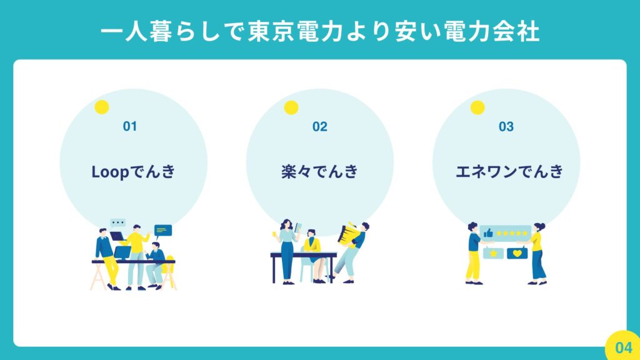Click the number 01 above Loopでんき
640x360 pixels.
tap(130, 126)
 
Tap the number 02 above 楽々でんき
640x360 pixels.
tap(319, 126)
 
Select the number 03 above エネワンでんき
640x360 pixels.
tap(506, 126)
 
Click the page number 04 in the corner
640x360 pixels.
tap(624, 347)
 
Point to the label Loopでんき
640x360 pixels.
tap(133, 172)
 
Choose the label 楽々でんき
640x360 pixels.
tap(319, 171)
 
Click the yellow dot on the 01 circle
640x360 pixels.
tap(102, 107)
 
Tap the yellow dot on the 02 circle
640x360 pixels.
tap(291, 107)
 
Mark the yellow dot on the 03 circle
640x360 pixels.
tap(477, 107)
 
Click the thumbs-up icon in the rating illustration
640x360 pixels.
tap(488, 233)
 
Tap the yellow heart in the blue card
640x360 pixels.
tap(517, 254)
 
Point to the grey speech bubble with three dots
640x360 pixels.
tap(118, 223)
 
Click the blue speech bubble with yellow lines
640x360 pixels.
tap(163, 231)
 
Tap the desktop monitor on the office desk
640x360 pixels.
tap(122, 253)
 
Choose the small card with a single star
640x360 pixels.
tap(493, 254)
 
